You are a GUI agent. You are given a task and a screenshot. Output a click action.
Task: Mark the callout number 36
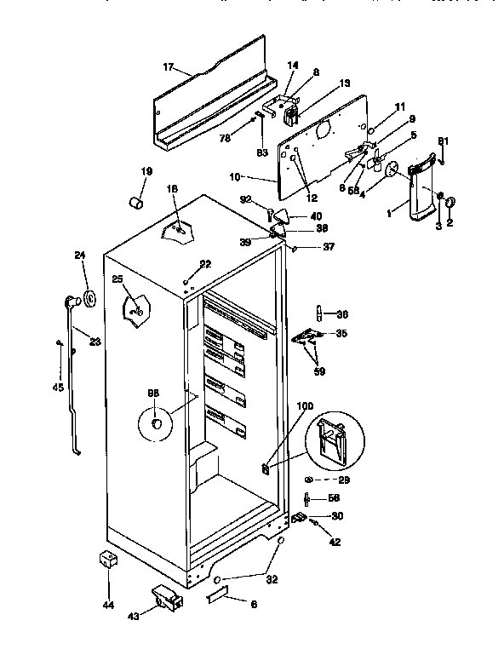pos(342,312)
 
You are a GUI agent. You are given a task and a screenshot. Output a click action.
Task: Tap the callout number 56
pos(333,499)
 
